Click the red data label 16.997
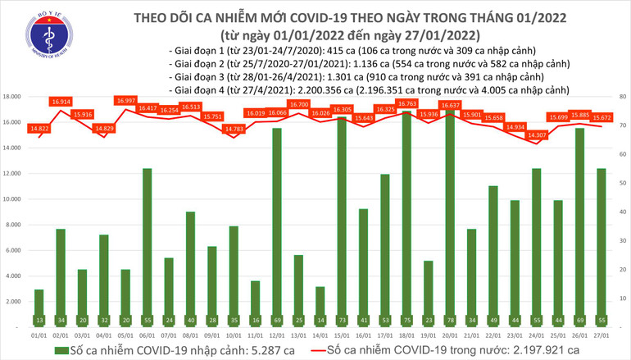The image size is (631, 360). click(125, 101)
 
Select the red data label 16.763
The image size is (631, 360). click(406, 104)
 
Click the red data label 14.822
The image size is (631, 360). click(39, 129)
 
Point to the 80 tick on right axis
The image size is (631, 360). click(622, 97)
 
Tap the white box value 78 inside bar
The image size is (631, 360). click(448, 320)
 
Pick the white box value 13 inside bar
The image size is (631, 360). click(39, 320)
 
